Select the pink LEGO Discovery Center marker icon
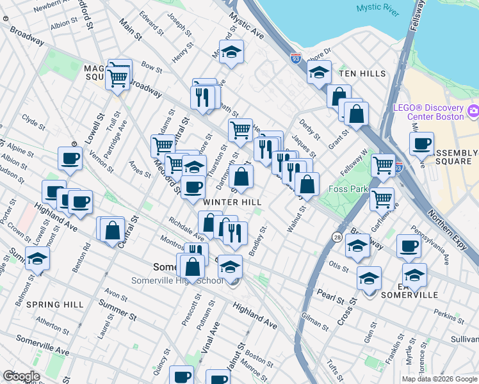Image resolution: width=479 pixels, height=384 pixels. click(x=473, y=113)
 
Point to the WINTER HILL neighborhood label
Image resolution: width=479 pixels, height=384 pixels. click(x=232, y=202)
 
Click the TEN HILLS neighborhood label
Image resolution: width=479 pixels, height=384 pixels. click(x=362, y=74)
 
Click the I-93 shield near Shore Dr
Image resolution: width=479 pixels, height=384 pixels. click(x=295, y=58)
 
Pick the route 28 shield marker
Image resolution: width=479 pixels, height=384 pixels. click(x=337, y=237)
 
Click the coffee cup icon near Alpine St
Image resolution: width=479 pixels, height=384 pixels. click(x=70, y=157)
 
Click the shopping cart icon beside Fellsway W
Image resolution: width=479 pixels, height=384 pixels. click(x=383, y=164)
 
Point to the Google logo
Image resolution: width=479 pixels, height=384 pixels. click(x=21, y=376)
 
